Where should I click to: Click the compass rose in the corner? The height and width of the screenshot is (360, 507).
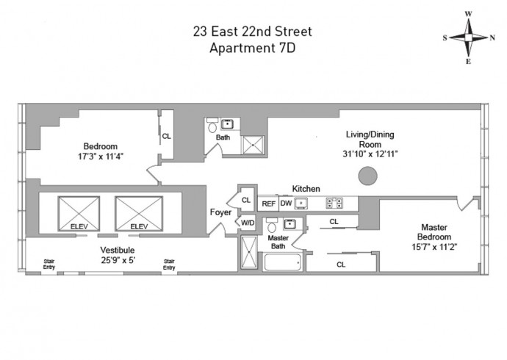(x=469, y=37)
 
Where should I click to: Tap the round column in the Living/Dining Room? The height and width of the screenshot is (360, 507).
(x=368, y=176)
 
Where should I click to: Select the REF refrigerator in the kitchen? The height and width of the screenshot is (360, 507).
(x=268, y=204)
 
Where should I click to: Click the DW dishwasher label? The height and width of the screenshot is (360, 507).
(x=286, y=204)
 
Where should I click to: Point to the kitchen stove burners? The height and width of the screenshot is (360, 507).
(x=334, y=204)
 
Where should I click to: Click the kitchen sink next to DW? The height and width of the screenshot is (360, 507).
(x=301, y=204)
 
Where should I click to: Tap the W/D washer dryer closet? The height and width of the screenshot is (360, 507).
(x=248, y=223)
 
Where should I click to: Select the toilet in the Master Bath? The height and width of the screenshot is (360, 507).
(x=272, y=226)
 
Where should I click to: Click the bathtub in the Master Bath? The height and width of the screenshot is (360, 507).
(x=283, y=262)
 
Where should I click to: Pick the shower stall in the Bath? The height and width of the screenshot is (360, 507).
(x=253, y=145)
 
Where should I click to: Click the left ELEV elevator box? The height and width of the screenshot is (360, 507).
(x=79, y=214)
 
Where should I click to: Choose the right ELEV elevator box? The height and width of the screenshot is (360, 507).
(x=139, y=214)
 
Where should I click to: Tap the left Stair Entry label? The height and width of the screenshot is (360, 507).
(x=49, y=264)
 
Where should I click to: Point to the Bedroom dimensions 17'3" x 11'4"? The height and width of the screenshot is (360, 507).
(x=101, y=156)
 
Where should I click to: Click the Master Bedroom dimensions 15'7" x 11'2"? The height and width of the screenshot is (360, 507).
(x=434, y=247)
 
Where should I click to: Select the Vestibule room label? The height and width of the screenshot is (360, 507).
(x=118, y=250)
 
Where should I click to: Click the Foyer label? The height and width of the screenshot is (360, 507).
(x=221, y=212)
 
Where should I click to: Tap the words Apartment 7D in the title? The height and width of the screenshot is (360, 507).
(x=253, y=48)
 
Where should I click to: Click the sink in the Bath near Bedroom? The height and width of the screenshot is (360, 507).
(x=227, y=124)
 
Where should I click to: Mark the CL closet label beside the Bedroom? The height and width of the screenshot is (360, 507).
(x=167, y=137)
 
